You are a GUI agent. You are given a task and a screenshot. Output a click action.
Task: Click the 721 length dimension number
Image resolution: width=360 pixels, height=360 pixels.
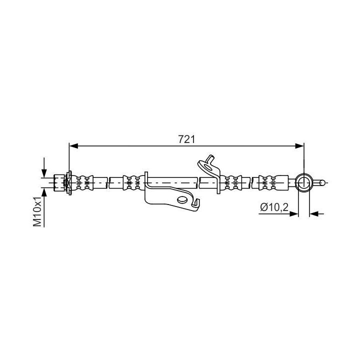point(186,139)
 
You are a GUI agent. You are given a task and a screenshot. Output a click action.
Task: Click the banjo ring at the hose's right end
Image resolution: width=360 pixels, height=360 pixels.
point(304,182)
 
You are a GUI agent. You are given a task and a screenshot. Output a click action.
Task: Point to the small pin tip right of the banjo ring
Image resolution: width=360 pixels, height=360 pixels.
point(324,182)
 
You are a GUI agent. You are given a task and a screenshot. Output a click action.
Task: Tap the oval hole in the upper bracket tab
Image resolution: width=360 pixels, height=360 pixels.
point(205,161)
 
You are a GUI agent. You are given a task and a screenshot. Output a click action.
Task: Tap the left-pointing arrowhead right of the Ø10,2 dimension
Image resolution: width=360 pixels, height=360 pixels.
point(313,213)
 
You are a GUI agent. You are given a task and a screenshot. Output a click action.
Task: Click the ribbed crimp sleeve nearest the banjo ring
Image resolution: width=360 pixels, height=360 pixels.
point(269,182)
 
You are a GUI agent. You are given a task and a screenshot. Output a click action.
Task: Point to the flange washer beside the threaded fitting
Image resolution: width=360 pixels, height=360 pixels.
point(69,182)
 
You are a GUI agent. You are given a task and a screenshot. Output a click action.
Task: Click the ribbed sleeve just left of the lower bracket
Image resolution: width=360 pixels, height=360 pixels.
point(131,182)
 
